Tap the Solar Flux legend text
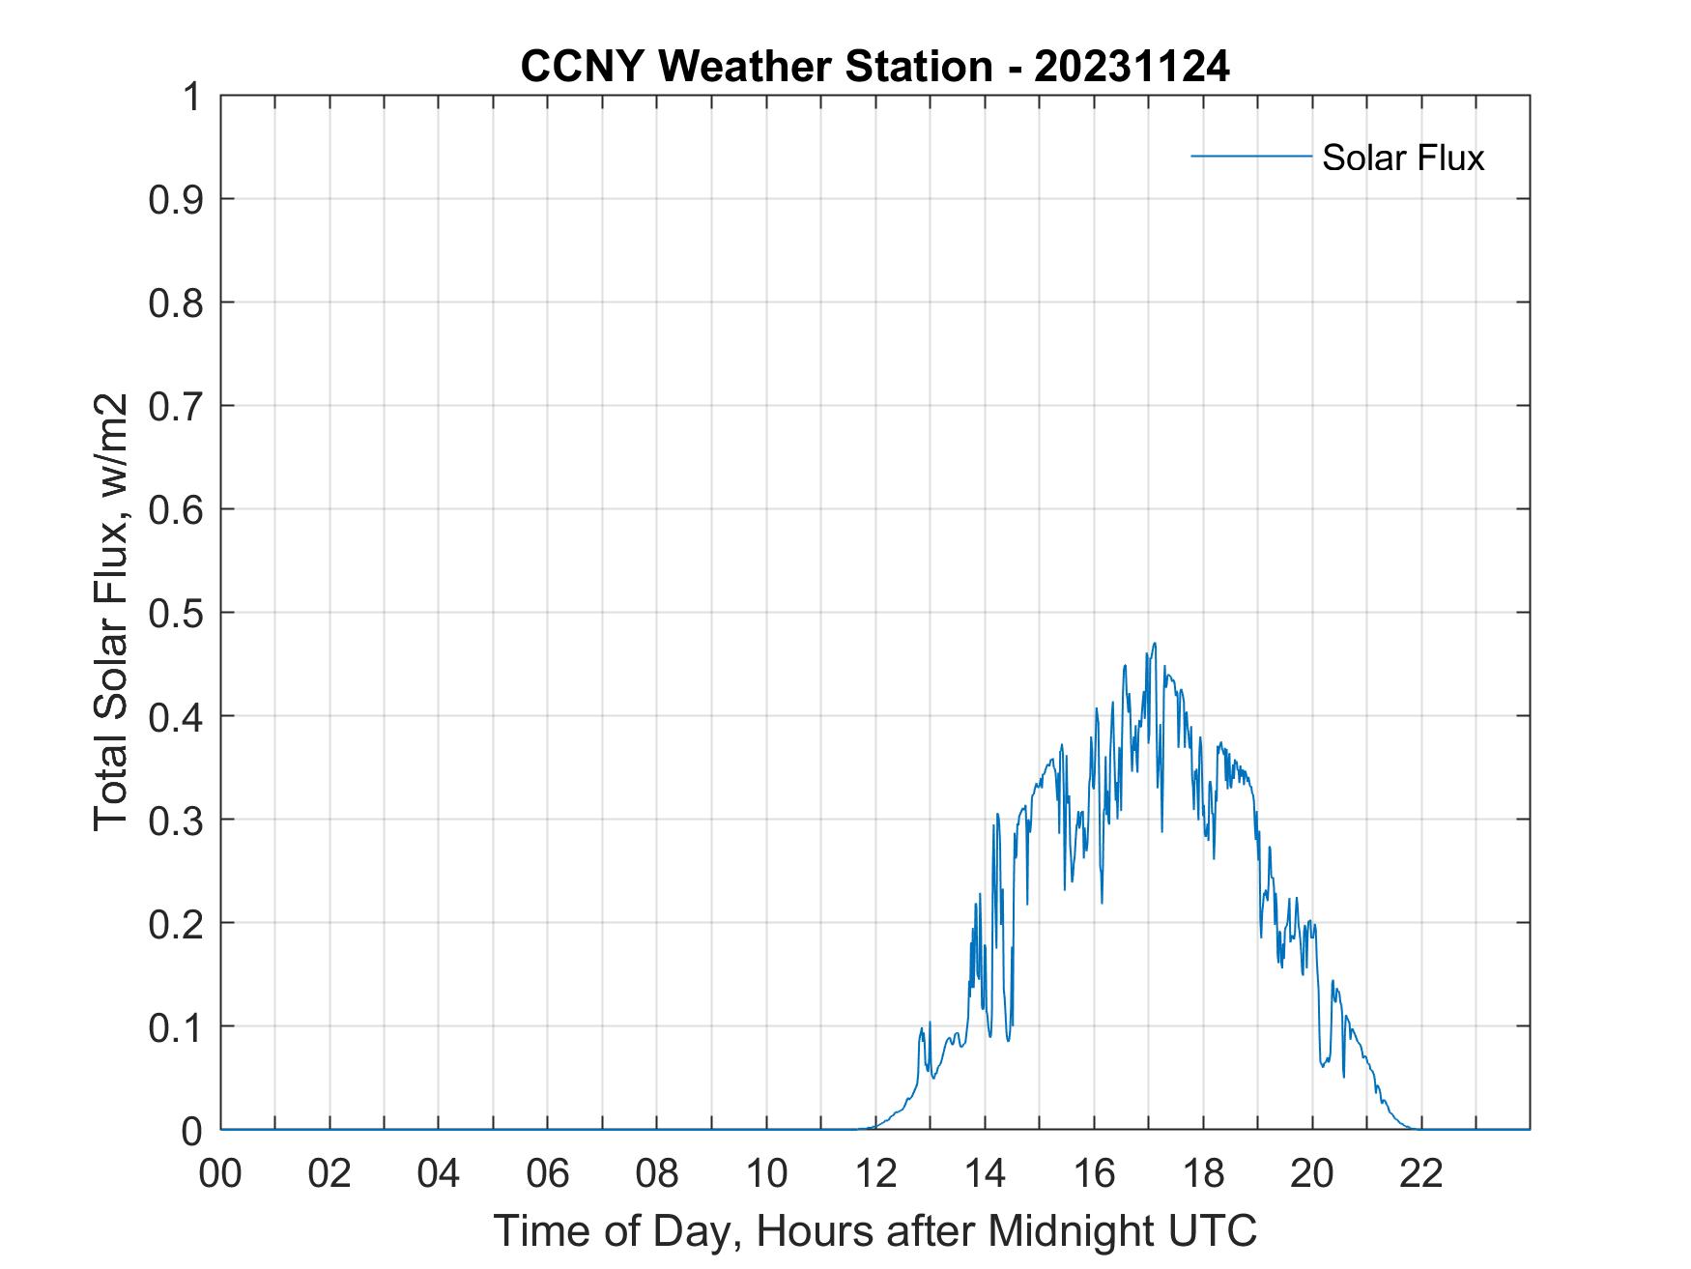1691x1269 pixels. click(1402, 158)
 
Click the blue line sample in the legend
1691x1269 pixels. click(1250, 156)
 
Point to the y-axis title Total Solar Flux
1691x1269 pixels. click(112, 612)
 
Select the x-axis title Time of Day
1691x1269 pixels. click(874, 1231)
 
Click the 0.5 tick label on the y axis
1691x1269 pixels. click(176, 613)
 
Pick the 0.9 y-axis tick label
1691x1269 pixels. click(176, 199)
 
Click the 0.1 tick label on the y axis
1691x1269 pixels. click(176, 1026)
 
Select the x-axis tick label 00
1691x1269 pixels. click(220, 1173)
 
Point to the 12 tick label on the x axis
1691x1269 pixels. click(875, 1173)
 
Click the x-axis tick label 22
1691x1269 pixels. click(1421, 1173)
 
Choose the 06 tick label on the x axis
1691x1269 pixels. click(548, 1173)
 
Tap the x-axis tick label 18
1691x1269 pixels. click(1203, 1173)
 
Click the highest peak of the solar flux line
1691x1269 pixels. click(1154, 644)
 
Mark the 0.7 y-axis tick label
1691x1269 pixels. click(176, 406)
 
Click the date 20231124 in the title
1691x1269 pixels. click(1132, 67)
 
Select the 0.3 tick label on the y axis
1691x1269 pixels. click(176, 820)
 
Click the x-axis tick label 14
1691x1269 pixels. click(985, 1173)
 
